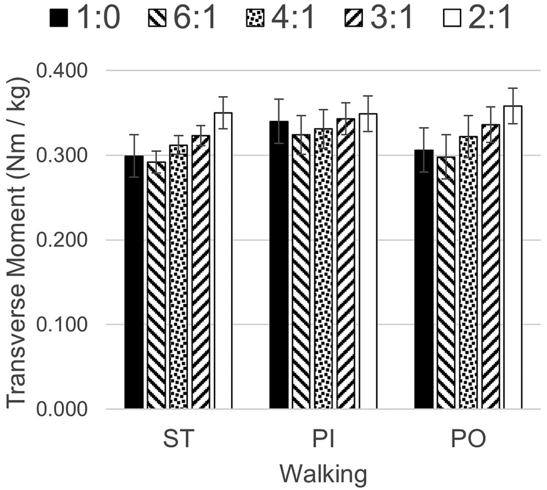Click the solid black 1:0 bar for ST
(x=134, y=283)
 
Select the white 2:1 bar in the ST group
(x=222, y=261)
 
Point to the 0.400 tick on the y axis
(x=61, y=71)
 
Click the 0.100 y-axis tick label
(x=61, y=325)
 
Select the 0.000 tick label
(x=61, y=409)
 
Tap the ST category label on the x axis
(x=179, y=439)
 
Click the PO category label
(x=468, y=439)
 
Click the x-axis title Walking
(x=323, y=473)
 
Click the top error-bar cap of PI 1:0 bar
(x=279, y=99)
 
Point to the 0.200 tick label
(x=61, y=240)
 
